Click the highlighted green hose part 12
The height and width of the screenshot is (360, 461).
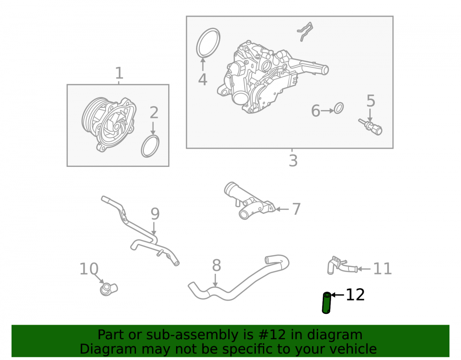pos(326,303)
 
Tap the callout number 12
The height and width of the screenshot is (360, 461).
pos(355,295)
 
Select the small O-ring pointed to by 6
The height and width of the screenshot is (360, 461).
pos(339,108)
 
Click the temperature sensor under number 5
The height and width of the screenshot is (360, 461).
pos(371,127)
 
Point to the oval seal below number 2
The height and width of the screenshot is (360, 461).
pos(150,146)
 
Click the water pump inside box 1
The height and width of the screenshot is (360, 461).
pos(109,124)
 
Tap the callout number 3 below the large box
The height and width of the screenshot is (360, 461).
pos(293,161)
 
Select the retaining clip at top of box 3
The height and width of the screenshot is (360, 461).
pos(305,31)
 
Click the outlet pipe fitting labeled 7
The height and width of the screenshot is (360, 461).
pos(249,201)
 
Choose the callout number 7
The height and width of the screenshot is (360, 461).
pos(296,209)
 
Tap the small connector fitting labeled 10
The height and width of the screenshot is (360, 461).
pos(109,289)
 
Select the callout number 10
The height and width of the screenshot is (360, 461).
pos(89,269)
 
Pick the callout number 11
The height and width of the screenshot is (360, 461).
pos(383,269)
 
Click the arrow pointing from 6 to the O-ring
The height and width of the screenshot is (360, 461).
pos(327,111)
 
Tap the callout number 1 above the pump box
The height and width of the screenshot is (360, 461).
pos(119,73)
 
